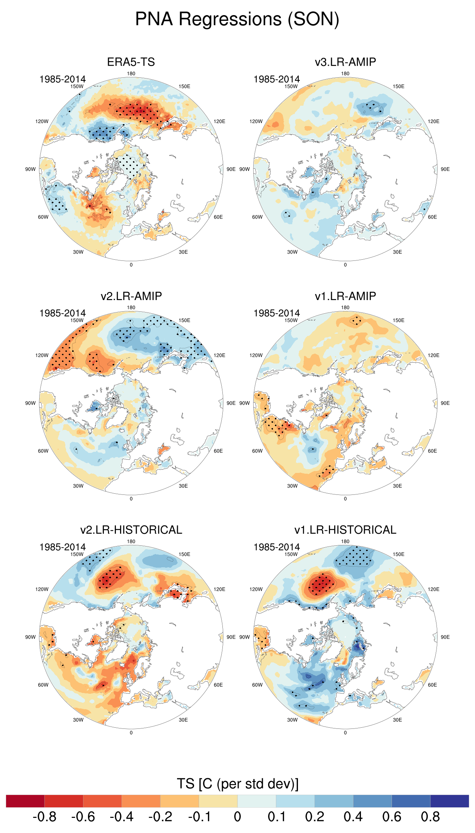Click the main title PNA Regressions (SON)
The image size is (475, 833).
click(237, 19)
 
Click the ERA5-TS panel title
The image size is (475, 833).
click(131, 62)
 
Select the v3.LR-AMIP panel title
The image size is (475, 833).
click(345, 62)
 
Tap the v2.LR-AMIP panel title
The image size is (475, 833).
click(131, 296)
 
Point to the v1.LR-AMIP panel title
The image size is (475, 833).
click(345, 296)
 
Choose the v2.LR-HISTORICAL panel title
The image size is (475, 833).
click(131, 530)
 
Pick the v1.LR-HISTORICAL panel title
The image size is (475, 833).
click(345, 530)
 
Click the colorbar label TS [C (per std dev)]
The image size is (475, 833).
click(237, 784)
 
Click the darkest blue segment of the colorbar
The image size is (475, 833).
click(449, 801)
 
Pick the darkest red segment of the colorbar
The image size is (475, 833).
click(25, 801)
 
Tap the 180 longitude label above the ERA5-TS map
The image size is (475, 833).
click(131, 74)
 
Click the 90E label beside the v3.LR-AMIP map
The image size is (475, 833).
click(445, 169)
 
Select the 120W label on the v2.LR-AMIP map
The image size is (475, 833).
click(42, 355)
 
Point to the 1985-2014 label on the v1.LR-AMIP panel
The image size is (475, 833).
click(276, 313)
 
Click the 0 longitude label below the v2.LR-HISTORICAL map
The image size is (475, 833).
click(131, 733)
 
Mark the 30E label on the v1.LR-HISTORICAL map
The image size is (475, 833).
click(397, 720)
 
